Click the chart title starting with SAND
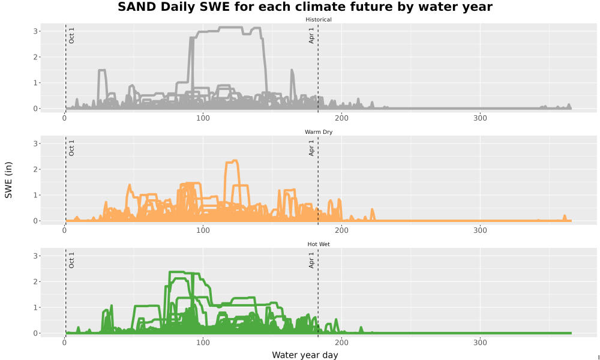click(x=305, y=7)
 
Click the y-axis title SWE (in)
click(x=8, y=180)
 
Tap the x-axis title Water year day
click(x=305, y=355)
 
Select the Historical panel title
click(x=319, y=20)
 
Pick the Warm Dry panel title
click(x=319, y=132)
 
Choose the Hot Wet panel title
click(x=319, y=244)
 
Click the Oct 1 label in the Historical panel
click(x=71, y=35)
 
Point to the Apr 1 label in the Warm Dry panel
click(x=311, y=148)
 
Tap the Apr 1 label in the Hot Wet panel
click(x=311, y=260)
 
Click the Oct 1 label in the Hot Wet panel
click(x=71, y=260)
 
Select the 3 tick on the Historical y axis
click(x=35, y=31)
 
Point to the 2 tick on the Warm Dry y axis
click(x=35, y=169)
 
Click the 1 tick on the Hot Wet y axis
click(x=35, y=308)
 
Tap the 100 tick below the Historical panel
click(x=203, y=118)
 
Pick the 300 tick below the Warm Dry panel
click(x=480, y=230)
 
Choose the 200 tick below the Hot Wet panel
click(x=342, y=343)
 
